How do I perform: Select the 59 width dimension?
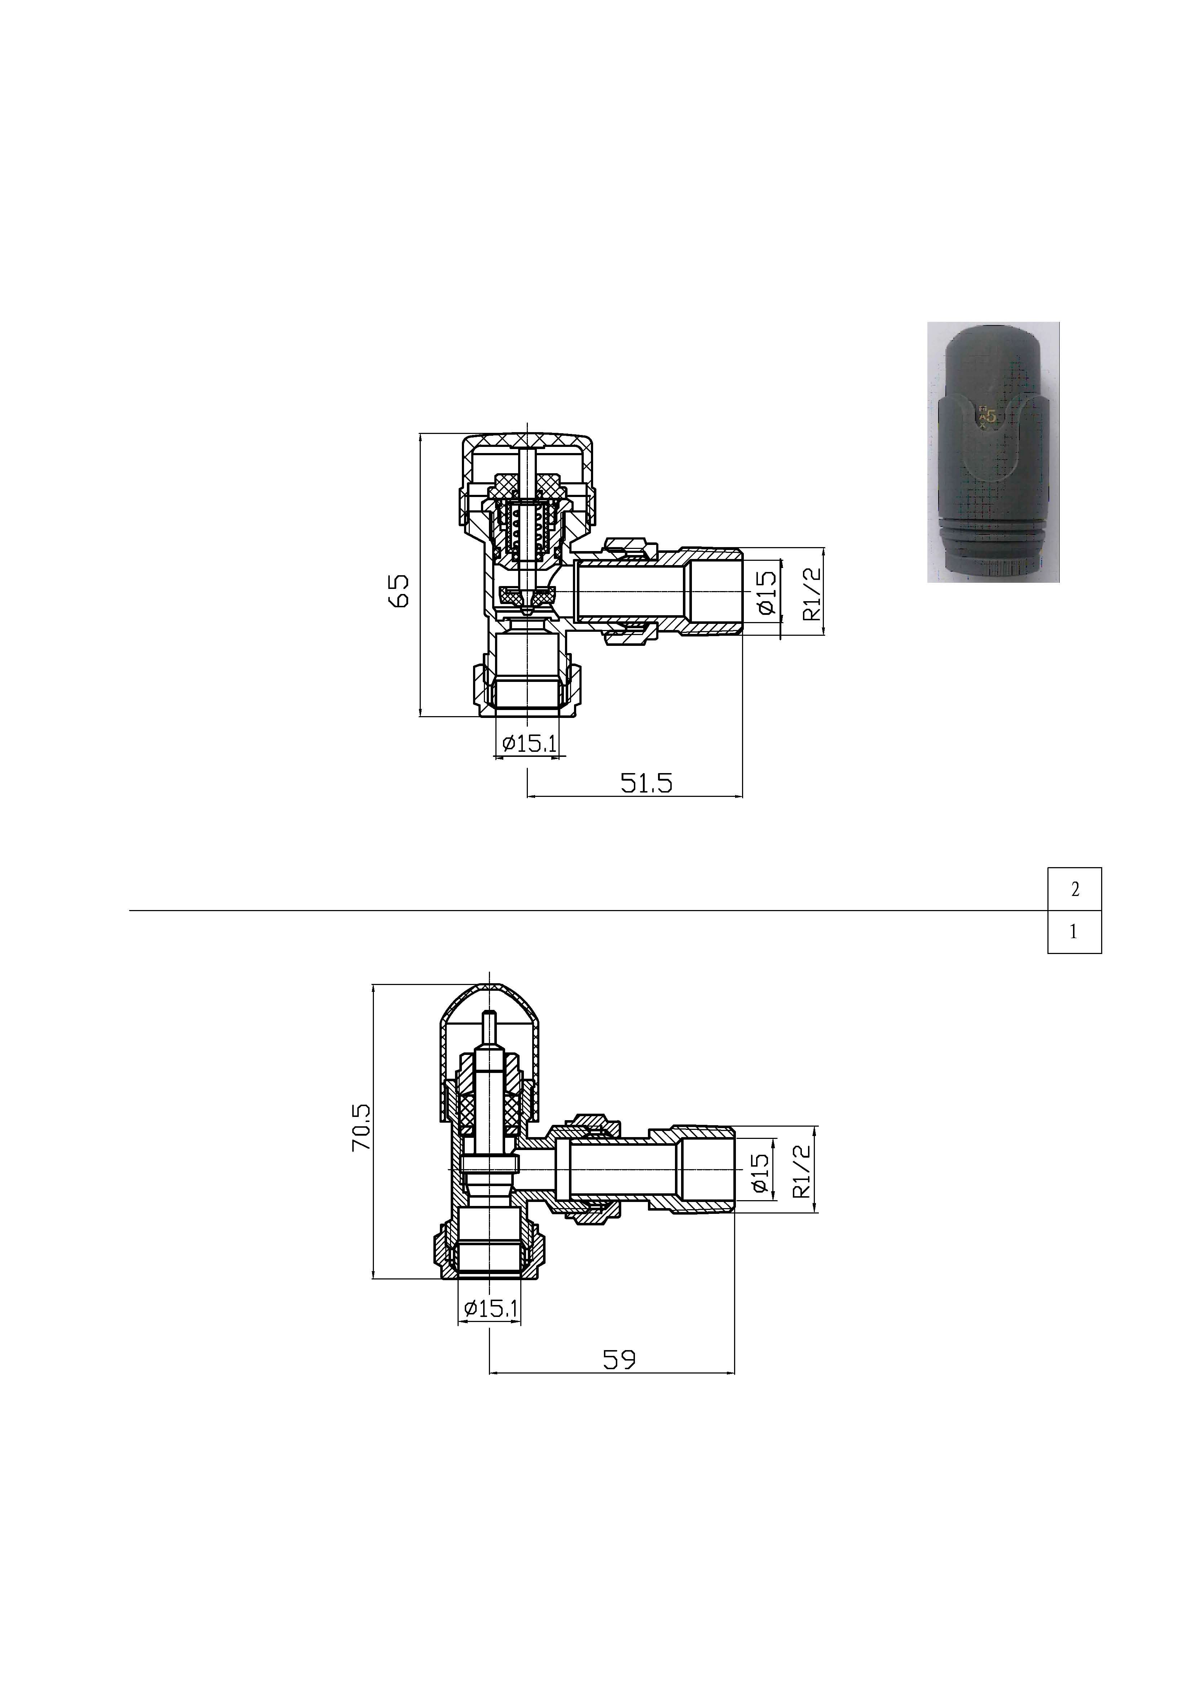[x=619, y=1360]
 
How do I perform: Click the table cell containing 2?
[x=1074, y=889]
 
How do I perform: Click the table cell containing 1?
[x=1074, y=932]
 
